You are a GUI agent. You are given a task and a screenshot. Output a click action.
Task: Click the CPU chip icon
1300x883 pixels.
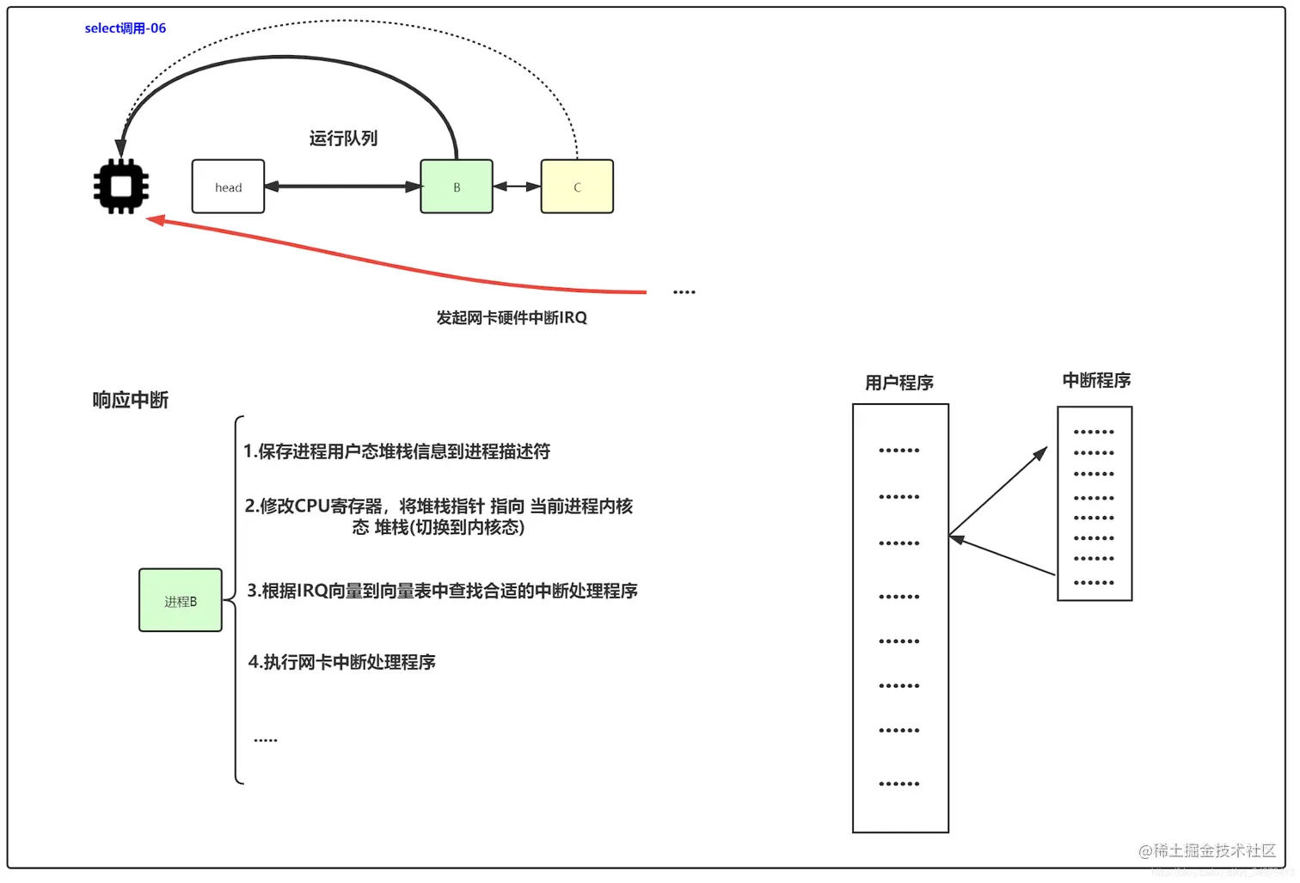[x=121, y=187]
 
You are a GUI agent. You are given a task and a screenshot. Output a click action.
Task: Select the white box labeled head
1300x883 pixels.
[x=228, y=187]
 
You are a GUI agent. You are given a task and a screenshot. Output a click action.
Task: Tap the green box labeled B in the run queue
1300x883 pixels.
[x=457, y=187]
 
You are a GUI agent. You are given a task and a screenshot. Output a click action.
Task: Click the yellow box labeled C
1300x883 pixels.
[x=577, y=187]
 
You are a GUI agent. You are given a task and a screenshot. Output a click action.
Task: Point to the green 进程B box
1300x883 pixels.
[x=181, y=601]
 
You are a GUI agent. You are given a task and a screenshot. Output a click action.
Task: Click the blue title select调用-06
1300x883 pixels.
[x=126, y=28]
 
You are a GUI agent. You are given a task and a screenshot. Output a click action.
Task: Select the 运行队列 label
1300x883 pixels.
[x=343, y=138]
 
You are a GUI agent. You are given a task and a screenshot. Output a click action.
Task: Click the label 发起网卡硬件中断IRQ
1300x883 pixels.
[x=512, y=318]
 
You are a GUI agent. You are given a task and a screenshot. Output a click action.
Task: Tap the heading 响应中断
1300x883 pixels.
[x=131, y=400]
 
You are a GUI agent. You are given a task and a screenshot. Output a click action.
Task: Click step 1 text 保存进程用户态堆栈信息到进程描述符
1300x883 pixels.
[x=396, y=451]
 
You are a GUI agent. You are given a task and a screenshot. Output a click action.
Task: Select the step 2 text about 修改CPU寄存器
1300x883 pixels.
[x=438, y=516]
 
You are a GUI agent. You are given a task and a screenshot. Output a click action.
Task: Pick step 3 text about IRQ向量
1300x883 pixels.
[x=442, y=591]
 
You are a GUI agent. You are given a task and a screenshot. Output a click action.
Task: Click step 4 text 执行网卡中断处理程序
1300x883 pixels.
[x=341, y=662]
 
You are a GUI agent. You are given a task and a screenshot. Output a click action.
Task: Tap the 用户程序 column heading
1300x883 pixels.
[x=899, y=383]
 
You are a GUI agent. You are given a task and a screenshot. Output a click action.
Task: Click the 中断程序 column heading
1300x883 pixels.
[x=1096, y=380]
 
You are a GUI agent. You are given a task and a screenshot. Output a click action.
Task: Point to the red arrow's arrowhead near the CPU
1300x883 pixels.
[x=156, y=220]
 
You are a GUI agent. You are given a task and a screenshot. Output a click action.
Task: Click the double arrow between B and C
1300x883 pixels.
[x=517, y=187]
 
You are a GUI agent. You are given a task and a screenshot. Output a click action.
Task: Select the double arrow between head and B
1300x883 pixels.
[x=342, y=187]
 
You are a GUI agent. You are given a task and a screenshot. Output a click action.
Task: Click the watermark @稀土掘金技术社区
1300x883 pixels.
[x=1207, y=850]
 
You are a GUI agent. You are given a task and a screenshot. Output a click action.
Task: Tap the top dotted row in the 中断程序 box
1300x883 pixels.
[x=1094, y=432]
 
